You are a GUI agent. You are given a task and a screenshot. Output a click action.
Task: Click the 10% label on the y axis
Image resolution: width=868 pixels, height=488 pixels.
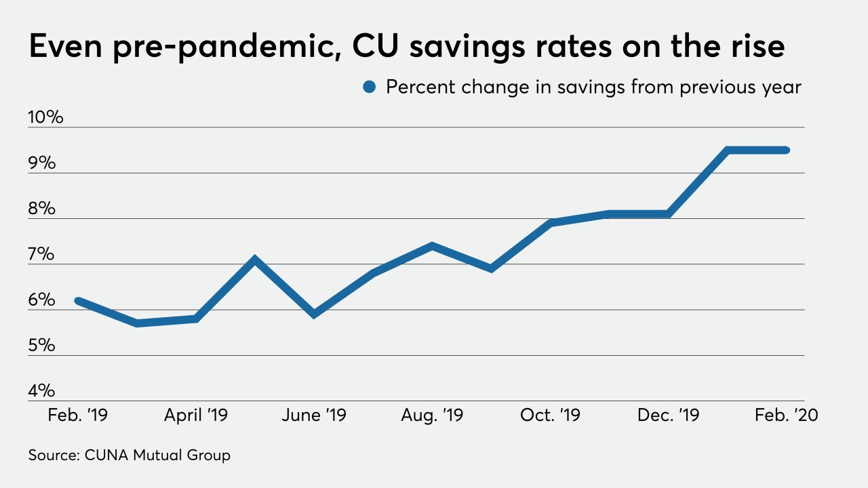click(45, 117)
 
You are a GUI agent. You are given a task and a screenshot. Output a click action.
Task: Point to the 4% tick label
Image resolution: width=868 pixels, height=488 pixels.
click(41, 391)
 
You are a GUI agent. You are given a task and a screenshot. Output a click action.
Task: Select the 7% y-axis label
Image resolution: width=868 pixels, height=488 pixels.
click(41, 254)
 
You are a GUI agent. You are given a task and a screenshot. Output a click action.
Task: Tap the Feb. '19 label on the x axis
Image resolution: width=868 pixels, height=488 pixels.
click(77, 415)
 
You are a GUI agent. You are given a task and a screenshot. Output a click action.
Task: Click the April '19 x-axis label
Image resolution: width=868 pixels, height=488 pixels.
click(196, 415)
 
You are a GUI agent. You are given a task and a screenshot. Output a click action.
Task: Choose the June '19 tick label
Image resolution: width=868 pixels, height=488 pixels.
click(314, 415)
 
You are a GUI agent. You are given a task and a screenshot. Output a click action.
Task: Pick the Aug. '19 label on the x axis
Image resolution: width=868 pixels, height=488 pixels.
click(433, 415)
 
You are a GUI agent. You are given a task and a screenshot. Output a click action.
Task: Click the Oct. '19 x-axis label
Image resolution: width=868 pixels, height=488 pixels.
click(550, 415)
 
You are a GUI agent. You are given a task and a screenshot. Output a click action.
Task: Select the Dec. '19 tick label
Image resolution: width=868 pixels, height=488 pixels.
click(669, 415)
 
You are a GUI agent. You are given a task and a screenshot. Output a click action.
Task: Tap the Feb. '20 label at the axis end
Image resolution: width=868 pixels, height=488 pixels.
click(787, 415)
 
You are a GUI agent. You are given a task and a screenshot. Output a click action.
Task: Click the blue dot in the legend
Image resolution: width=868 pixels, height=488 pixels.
click(370, 87)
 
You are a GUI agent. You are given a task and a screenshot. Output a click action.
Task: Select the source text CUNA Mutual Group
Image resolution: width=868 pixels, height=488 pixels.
click(157, 455)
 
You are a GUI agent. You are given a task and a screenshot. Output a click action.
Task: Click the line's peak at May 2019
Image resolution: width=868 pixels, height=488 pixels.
click(255, 258)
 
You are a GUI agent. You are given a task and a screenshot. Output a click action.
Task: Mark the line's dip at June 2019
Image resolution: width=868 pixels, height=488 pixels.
click(314, 314)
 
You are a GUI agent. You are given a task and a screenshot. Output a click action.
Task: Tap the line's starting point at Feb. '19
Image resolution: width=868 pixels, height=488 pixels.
click(78, 300)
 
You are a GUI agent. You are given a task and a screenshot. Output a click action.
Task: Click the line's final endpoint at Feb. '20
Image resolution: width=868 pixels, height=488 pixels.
click(786, 150)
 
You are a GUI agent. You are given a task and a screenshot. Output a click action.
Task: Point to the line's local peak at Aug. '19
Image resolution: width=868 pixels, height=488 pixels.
click(432, 245)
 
